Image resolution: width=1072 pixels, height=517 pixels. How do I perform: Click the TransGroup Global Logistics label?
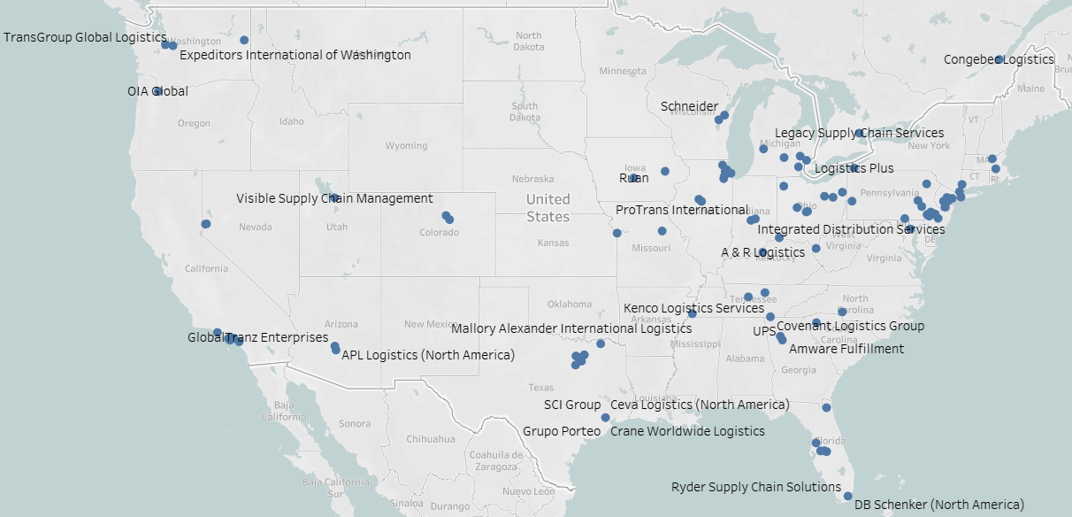click(x=85, y=38)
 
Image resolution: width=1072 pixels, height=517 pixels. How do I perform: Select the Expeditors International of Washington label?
click(x=295, y=55)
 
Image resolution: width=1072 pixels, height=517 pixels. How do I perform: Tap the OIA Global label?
click(x=157, y=91)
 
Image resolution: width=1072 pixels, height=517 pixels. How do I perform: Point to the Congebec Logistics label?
click(x=999, y=60)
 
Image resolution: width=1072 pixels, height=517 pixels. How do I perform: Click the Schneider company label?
click(x=689, y=106)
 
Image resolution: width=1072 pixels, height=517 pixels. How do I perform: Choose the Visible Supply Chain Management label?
click(x=334, y=198)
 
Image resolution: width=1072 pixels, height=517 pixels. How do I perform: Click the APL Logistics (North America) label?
click(x=427, y=355)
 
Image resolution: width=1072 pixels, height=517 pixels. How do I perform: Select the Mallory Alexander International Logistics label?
click(x=571, y=328)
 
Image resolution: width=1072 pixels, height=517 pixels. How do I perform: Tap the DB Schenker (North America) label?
click(x=938, y=505)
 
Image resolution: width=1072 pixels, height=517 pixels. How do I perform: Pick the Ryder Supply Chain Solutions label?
click(x=756, y=487)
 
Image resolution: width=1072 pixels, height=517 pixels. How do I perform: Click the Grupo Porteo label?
click(x=562, y=431)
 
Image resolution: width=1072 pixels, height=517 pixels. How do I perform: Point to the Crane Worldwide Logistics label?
click(x=687, y=431)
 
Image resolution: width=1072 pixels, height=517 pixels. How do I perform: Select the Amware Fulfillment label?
click(x=846, y=349)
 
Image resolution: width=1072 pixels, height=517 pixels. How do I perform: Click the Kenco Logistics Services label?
click(x=693, y=308)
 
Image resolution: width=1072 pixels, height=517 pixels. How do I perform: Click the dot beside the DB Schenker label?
click(x=847, y=497)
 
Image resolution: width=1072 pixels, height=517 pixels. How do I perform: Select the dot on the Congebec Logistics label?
click(x=999, y=60)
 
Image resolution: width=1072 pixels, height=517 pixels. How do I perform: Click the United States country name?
click(x=548, y=208)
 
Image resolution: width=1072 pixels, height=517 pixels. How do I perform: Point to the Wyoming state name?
click(x=406, y=146)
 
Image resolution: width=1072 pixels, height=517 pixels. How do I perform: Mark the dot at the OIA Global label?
click(x=157, y=91)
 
